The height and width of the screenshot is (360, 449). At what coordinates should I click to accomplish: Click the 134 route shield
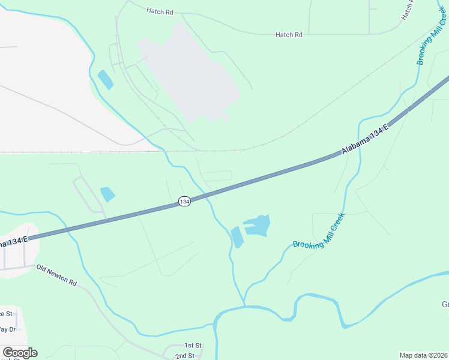coord(184,202)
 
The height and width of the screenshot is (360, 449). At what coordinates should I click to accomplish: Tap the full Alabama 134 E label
coord(366,139)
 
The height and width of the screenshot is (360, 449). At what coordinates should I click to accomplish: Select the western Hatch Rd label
coord(160,11)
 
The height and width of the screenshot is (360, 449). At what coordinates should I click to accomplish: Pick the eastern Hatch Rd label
coord(289,35)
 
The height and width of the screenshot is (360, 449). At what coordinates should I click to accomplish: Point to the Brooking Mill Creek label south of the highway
coord(319,232)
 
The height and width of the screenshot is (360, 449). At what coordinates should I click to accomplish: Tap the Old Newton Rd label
coord(56,275)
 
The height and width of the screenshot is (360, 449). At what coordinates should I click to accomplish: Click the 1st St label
coord(193,345)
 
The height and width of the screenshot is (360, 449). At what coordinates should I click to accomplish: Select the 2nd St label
coord(184,356)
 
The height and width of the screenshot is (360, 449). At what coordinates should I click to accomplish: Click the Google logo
coord(20,353)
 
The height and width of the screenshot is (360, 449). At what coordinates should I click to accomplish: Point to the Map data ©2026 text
coord(423,355)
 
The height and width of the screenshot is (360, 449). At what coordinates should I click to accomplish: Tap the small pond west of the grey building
coord(105,80)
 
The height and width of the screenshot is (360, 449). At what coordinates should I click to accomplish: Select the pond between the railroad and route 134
coord(108,194)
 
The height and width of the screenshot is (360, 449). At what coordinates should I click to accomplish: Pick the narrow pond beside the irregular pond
coord(238,237)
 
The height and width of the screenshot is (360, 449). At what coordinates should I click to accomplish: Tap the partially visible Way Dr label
coord(7,329)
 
